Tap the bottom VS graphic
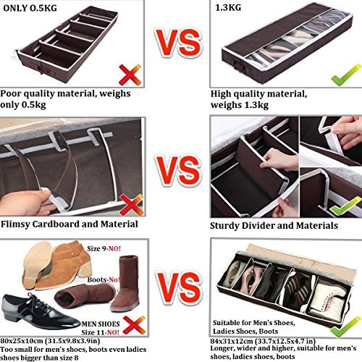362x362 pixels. click(x=179, y=288)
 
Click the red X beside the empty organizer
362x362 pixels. click(x=130, y=75)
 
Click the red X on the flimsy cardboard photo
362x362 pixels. click(x=131, y=205)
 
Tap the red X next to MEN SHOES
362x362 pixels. click(x=134, y=324)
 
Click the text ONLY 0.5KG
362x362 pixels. click(x=30, y=8)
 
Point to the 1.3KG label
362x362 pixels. click(x=228, y=7)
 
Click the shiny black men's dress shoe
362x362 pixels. click(x=40, y=311)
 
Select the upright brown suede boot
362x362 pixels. click(x=126, y=283)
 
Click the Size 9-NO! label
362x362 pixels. click(x=104, y=248)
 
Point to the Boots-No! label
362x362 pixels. click(x=104, y=279)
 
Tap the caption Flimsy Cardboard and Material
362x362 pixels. click(x=70, y=224)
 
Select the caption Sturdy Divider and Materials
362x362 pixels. click(x=274, y=226)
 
